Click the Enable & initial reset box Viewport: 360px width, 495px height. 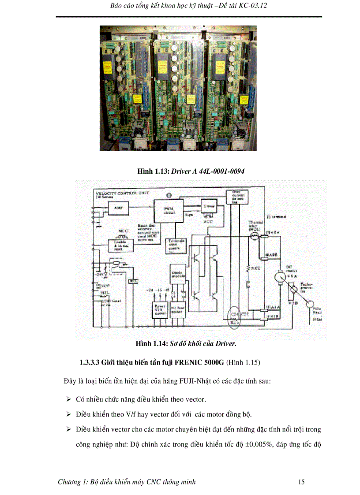click(118, 245)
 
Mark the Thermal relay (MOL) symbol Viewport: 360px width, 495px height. click(255, 236)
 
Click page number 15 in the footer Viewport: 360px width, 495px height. click(301, 482)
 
